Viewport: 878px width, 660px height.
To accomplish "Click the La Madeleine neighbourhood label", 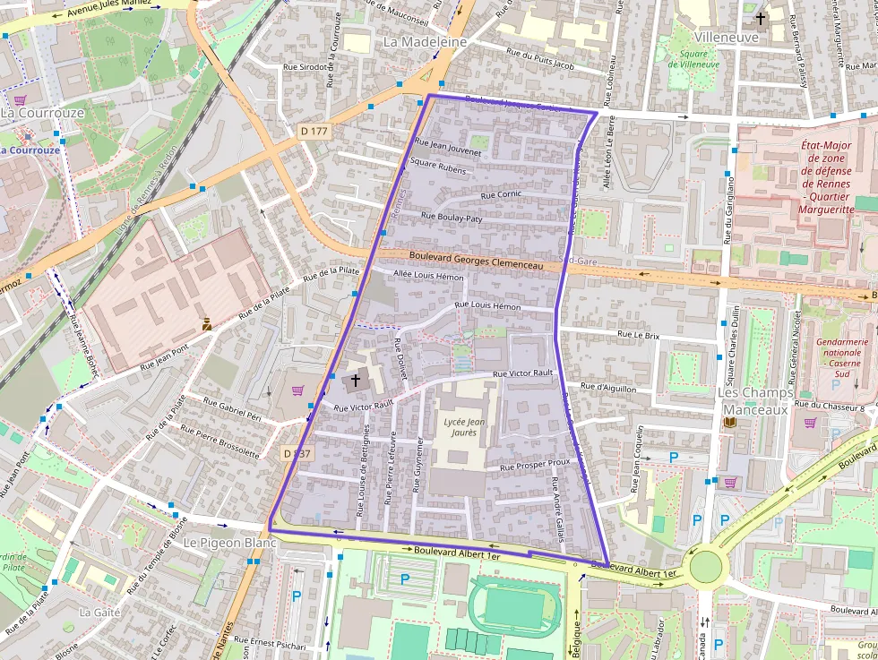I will pyautogui.click(x=426, y=42).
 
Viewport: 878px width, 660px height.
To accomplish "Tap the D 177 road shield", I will pyautogui.click(x=314, y=132).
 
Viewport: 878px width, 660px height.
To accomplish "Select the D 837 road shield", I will pyautogui.click(x=297, y=453).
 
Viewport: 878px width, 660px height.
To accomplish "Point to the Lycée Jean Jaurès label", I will pyautogui.click(x=464, y=427).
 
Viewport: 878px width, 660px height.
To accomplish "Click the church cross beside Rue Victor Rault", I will pyautogui.click(x=355, y=381).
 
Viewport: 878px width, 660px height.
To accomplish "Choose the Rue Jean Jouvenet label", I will pyautogui.click(x=448, y=147).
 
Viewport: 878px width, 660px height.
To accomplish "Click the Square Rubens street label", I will pyautogui.click(x=438, y=167).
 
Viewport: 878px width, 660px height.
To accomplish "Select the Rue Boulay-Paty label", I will pyautogui.click(x=452, y=217).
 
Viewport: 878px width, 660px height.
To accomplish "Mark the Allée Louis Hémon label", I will pyautogui.click(x=429, y=276).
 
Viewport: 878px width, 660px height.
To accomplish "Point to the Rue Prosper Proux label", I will pyautogui.click(x=535, y=465).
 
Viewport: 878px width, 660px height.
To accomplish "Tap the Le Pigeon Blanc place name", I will pyautogui.click(x=229, y=543).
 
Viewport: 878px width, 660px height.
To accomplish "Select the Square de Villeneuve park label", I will pyautogui.click(x=693, y=58).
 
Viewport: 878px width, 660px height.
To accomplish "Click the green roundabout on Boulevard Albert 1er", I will pyautogui.click(x=706, y=566).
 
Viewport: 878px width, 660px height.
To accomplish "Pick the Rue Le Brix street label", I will pyautogui.click(x=638, y=335).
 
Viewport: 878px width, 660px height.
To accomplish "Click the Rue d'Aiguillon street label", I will pyautogui.click(x=608, y=388).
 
